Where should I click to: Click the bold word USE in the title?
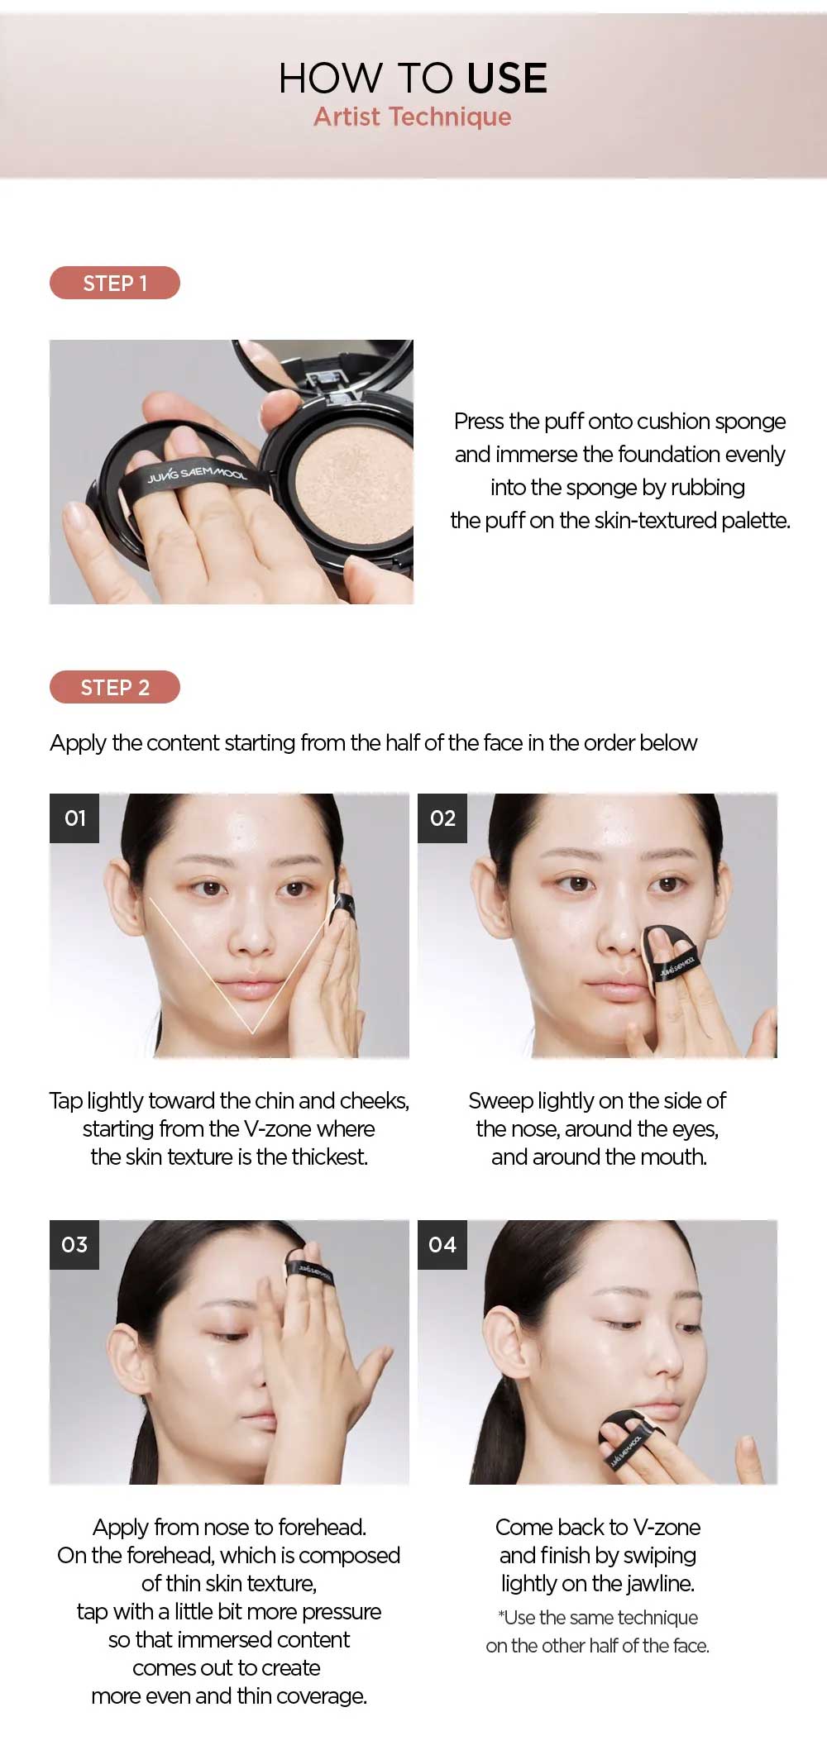(506, 79)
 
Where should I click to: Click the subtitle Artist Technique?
(412, 117)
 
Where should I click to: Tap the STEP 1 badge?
(115, 283)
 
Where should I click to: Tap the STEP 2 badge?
(115, 687)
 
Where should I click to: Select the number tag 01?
(74, 818)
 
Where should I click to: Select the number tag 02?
(442, 818)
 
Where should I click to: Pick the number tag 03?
(74, 1245)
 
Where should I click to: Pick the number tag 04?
(442, 1245)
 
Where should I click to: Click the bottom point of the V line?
(252, 1032)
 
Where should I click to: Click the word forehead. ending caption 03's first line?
(322, 1527)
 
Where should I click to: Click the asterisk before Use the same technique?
(501, 1615)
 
